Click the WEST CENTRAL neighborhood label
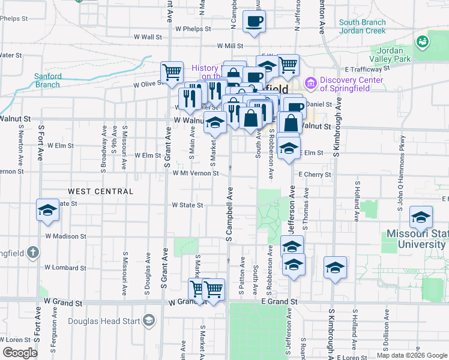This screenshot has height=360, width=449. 100,191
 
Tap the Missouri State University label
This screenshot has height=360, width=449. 417,239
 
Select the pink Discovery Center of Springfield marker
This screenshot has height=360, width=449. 310,82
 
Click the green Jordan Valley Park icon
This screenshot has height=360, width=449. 423,41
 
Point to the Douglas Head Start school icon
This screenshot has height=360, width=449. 148,322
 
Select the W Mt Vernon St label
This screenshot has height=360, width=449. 195,173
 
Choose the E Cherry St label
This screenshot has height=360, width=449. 315,175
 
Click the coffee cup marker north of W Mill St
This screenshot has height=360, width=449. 253,23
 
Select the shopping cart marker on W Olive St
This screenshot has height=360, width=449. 172,73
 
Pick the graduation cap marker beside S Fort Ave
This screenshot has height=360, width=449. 47,211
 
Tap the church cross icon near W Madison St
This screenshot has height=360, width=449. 32,252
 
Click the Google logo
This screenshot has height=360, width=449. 19,353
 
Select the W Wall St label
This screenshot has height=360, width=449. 148,37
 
